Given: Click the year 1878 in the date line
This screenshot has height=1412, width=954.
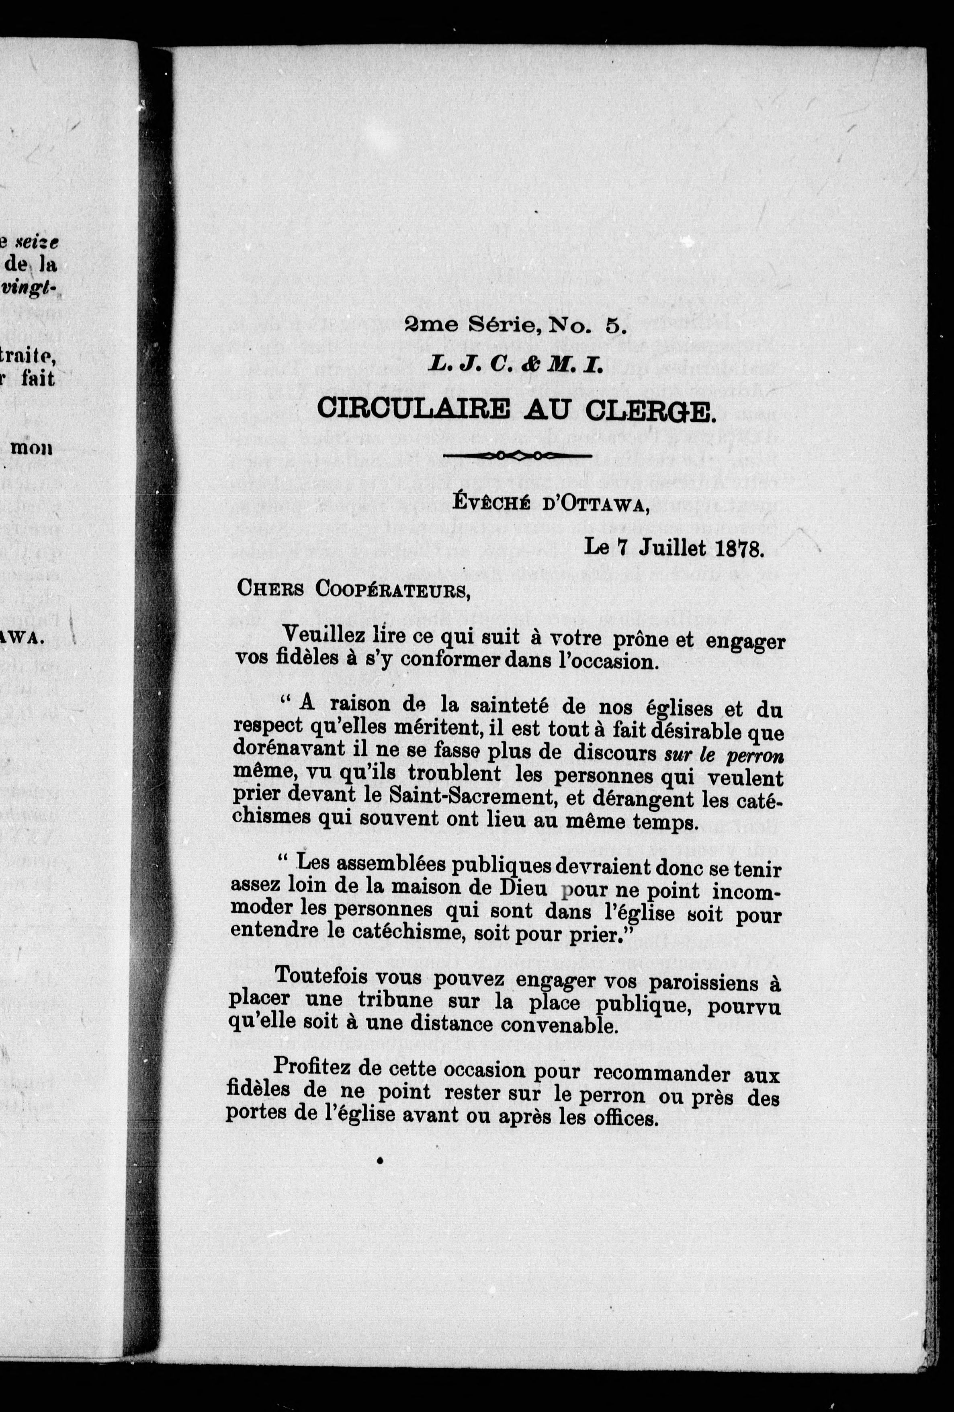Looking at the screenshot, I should click(x=739, y=549).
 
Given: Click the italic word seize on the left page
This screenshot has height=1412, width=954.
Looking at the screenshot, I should click(x=38, y=242).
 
